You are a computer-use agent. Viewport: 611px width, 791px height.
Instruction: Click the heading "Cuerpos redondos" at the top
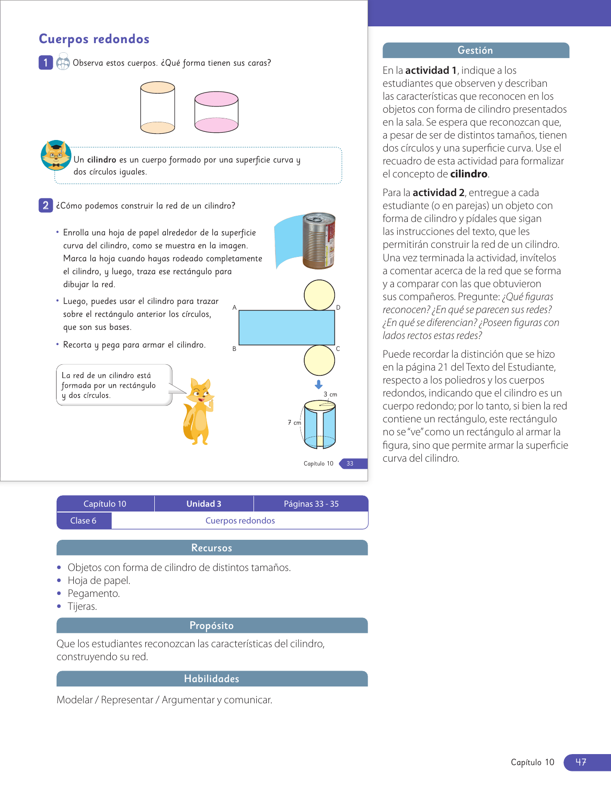pos(94,39)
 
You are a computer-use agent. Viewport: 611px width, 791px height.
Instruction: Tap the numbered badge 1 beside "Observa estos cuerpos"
pos(46,62)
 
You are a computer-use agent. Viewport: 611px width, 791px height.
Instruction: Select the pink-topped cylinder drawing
pos(216,112)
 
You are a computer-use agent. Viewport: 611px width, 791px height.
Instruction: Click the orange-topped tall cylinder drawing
pos(157,107)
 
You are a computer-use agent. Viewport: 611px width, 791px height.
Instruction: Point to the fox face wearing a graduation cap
pos(56,155)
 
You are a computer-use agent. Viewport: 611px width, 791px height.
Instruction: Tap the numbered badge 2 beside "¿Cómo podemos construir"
pos(46,205)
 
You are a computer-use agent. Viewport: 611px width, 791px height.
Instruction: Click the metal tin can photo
pos(319,240)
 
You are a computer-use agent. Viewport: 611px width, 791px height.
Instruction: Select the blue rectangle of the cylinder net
pos(287,327)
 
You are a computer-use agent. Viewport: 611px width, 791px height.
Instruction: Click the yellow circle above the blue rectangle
pos(319,295)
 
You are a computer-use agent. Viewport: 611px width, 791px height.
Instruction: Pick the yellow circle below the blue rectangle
pos(319,360)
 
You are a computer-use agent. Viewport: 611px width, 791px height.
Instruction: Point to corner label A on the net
pos(234,307)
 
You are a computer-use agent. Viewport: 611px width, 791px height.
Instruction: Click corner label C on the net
pos(338,349)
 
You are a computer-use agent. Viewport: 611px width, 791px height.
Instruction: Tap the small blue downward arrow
pos(319,384)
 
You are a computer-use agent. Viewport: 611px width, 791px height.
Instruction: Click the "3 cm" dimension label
pos(330,394)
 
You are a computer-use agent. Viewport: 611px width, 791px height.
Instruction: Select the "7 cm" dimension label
pos(294,422)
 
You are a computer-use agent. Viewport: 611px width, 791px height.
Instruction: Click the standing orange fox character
pos(198,411)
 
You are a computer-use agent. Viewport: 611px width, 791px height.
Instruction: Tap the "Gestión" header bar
pos(475,50)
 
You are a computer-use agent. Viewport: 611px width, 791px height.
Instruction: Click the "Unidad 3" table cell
pos(204,503)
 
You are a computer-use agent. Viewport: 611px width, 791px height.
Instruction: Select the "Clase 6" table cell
pos(83,521)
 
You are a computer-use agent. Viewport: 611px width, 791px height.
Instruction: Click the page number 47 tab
pos(581,762)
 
